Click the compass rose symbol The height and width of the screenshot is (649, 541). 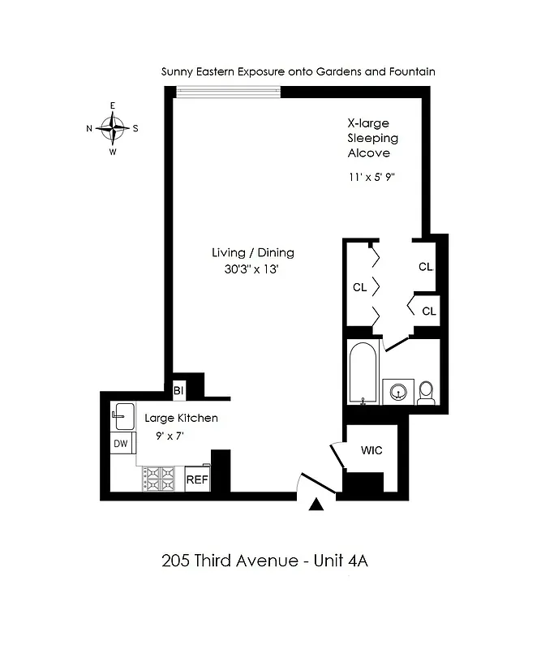(113, 127)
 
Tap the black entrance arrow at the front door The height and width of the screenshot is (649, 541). (317, 505)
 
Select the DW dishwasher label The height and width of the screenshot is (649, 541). (121, 443)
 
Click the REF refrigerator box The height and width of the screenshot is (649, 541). (197, 479)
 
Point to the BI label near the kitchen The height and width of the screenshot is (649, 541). (178, 390)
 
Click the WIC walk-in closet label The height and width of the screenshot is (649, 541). (371, 450)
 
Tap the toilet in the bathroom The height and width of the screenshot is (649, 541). (427, 393)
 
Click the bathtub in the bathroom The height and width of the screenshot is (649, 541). (362, 373)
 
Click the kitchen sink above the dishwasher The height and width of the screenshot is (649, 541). (122, 416)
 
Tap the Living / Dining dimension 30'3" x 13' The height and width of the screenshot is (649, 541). (252, 270)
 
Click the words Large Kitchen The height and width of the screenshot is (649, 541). (181, 419)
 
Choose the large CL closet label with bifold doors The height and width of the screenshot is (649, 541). (359, 287)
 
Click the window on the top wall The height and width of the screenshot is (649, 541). (229, 92)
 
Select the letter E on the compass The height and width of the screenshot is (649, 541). (113, 106)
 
